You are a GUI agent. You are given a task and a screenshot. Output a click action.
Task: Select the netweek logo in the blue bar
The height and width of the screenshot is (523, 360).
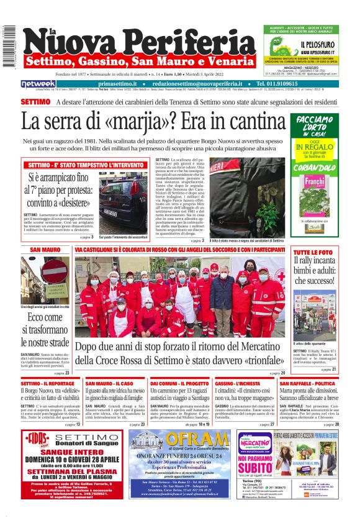click(x=38, y=83)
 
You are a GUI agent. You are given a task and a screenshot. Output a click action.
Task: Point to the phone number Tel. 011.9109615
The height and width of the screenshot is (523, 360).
click(x=286, y=83)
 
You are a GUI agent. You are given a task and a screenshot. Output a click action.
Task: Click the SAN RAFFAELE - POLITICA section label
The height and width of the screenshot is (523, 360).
click(x=315, y=384)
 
